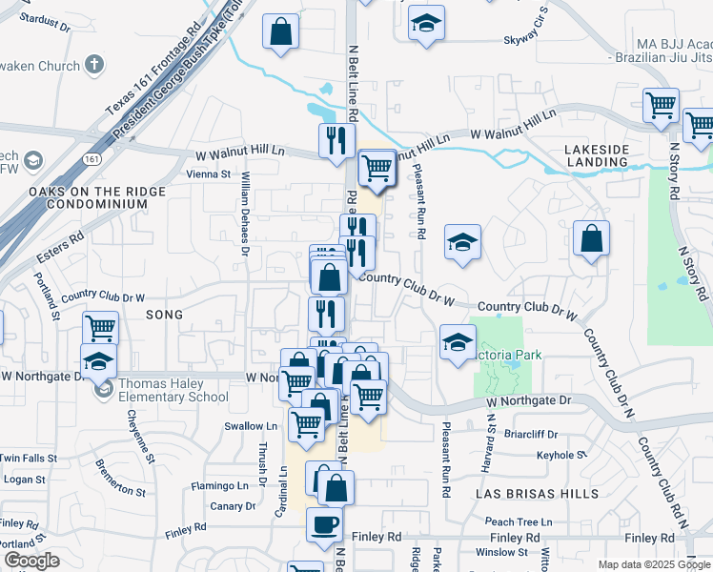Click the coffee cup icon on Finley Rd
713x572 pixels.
tap(324, 524)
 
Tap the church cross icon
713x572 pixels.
tap(93, 65)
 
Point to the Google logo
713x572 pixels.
tap(31, 562)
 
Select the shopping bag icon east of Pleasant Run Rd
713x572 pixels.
tap(591, 240)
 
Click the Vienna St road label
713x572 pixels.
tap(214, 174)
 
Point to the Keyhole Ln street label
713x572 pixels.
tap(559, 456)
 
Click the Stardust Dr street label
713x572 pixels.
tap(45, 18)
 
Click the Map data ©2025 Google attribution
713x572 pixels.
tap(653, 564)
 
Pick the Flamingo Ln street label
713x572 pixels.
tap(219, 485)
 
